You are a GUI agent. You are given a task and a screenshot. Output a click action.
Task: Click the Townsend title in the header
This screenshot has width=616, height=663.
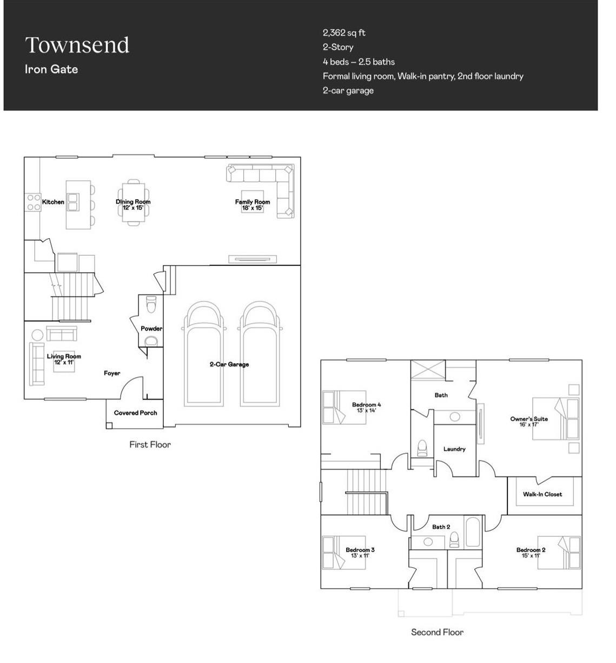(x=77, y=45)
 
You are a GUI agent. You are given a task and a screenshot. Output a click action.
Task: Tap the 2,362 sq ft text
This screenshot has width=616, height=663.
(x=344, y=32)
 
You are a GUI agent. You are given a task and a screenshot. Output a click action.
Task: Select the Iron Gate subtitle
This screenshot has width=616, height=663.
(x=51, y=69)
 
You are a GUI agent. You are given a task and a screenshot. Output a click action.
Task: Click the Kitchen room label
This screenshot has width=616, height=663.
(x=53, y=202)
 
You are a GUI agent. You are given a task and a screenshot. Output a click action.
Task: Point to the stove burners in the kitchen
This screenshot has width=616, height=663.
(x=34, y=202)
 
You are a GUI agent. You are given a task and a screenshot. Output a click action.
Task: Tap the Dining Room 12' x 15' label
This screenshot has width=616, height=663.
(x=133, y=205)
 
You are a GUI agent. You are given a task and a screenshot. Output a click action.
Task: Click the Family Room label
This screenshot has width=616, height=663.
(x=253, y=202)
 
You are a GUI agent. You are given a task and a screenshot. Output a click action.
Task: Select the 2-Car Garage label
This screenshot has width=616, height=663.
(x=229, y=364)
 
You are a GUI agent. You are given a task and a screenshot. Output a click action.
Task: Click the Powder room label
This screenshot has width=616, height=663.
(x=151, y=329)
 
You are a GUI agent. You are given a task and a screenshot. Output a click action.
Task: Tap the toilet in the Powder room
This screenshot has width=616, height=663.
(x=151, y=304)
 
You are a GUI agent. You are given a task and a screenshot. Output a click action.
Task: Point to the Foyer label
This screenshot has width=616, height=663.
(x=112, y=373)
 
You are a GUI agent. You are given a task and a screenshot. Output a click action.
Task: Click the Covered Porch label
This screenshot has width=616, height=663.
(x=136, y=413)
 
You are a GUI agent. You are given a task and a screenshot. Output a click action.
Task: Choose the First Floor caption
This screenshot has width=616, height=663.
(x=150, y=445)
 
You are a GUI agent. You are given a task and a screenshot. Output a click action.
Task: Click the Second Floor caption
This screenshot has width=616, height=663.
(x=437, y=632)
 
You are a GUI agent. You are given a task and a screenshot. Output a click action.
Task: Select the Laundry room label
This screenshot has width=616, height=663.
(x=454, y=449)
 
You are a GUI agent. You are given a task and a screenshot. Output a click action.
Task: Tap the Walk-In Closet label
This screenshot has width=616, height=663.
(x=542, y=494)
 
